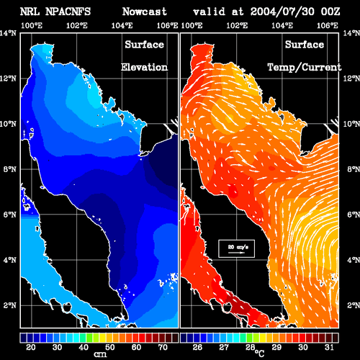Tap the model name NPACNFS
[68, 12]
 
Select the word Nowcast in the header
[145, 12]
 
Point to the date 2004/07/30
[282, 12]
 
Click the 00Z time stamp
[330, 12]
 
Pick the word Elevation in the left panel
[144, 67]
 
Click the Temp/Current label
[305, 67]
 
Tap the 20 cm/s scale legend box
[236, 248]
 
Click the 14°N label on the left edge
[8, 33]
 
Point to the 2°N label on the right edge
[354, 305]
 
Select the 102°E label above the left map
[77, 25]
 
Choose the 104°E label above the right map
[282, 25]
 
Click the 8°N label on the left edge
[10, 169]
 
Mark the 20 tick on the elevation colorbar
[31, 347]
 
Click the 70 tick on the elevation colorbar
[163, 347]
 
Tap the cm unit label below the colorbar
[100, 354]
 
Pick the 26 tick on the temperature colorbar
[197, 347]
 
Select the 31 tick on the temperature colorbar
[329, 347]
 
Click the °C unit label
[259, 354]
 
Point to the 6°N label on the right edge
[354, 215]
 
